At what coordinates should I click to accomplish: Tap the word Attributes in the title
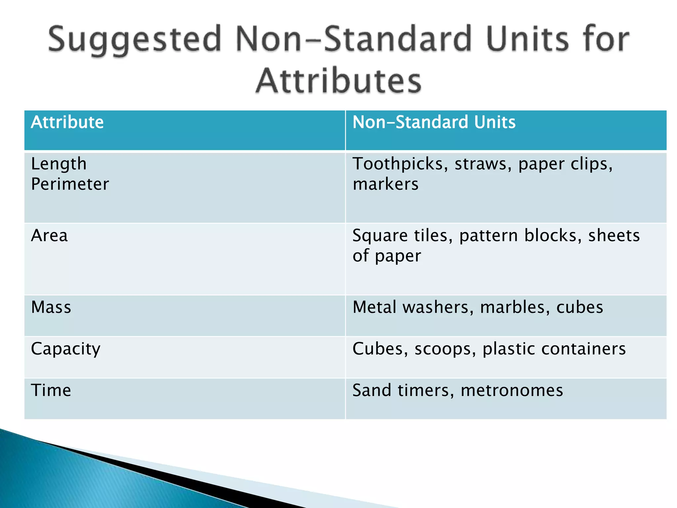click(338, 81)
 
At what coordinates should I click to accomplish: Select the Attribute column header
click(67, 122)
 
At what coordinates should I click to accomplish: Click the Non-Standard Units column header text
click(434, 122)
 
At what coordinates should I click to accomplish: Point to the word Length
click(59, 164)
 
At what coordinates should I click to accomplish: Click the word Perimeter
click(70, 184)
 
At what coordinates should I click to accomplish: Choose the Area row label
click(49, 236)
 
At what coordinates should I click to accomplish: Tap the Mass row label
click(51, 307)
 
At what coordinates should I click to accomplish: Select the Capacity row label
click(65, 349)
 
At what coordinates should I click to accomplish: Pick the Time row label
click(51, 390)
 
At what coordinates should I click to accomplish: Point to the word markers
click(385, 184)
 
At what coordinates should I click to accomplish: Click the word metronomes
click(512, 391)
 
